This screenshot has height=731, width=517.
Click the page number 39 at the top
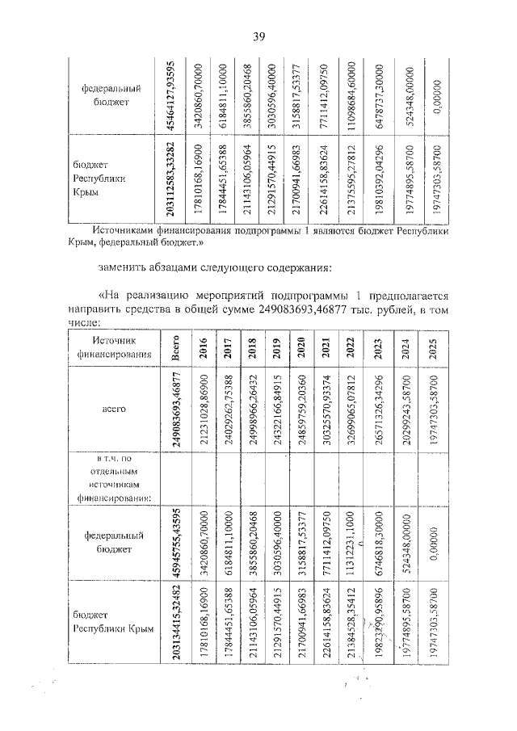click(259, 35)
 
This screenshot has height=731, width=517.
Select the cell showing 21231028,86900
click(204, 410)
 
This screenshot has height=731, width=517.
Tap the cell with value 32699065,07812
click(350, 410)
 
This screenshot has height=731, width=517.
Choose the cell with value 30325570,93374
click(326, 410)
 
